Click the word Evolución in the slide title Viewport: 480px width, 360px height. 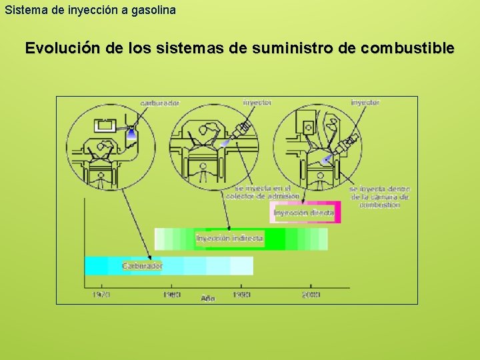coord(62,49)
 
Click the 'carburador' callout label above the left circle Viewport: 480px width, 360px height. coord(159,103)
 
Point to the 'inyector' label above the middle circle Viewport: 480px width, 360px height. coord(257,103)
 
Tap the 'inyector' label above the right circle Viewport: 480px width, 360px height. coord(365,103)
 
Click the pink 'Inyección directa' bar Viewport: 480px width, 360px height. coord(306,213)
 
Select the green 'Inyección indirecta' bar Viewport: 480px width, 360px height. coord(241,239)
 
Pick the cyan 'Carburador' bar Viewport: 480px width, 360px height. coord(169,266)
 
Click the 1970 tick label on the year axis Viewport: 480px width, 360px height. coord(101,295)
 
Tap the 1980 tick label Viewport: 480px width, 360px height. coord(171,295)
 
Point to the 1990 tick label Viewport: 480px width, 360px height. coord(241,295)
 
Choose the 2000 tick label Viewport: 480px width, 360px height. coord(311,295)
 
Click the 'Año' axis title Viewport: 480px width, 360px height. coord(208,298)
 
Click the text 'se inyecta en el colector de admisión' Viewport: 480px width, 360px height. coord(254,192)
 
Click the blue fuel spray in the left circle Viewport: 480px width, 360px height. coord(132,133)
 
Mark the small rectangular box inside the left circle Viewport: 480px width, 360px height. coord(105,125)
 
